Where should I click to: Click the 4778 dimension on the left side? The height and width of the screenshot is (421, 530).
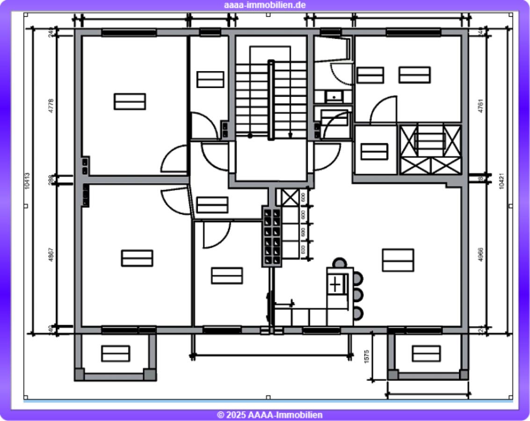(x=51, y=106)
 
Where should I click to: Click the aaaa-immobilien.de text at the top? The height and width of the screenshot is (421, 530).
(x=265, y=5)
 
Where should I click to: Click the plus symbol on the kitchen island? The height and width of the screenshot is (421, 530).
(x=336, y=284)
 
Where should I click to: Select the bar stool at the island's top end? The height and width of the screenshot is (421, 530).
(x=339, y=263)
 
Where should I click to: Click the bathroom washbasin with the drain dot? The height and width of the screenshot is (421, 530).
(x=334, y=97)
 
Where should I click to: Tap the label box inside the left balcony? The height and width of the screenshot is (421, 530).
(x=116, y=353)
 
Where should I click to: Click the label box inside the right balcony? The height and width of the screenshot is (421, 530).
(x=426, y=353)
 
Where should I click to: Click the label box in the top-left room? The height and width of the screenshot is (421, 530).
(x=130, y=101)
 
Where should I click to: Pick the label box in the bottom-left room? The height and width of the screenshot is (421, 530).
(x=137, y=258)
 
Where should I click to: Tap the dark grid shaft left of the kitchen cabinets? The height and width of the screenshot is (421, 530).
(x=272, y=237)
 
